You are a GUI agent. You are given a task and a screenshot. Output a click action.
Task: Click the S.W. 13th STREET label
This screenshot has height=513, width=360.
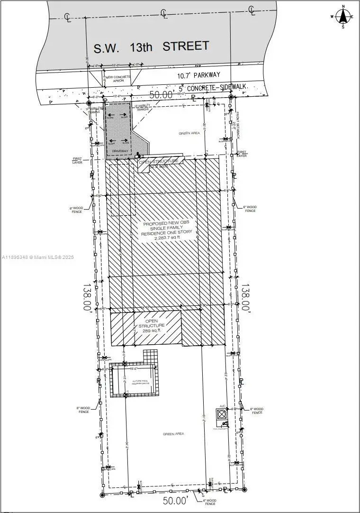click(x=151, y=47)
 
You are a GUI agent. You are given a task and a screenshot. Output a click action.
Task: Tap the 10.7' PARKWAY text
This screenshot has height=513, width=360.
click(x=199, y=75)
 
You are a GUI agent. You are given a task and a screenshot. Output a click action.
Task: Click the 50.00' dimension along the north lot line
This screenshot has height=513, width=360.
click(x=161, y=95)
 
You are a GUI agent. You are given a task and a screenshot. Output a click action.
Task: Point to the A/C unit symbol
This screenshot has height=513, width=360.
click(x=222, y=414)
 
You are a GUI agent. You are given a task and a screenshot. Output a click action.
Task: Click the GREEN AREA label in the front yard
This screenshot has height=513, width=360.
click(x=189, y=133)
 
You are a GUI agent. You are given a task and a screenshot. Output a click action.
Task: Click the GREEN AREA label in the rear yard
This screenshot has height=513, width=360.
click(x=173, y=434)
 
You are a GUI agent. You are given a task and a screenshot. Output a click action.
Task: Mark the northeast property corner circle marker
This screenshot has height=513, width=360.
click(x=231, y=97)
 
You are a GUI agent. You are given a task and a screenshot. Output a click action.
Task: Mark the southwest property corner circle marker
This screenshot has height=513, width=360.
click(x=102, y=495)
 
